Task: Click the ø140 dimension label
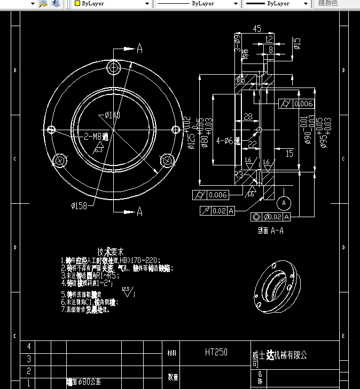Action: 112,115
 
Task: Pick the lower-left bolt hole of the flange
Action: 60,160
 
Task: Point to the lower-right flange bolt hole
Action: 168,160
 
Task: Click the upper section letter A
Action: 140,49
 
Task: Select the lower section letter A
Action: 140,212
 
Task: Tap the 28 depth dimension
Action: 248,116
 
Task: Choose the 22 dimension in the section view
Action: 252,144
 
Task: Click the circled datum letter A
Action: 284,203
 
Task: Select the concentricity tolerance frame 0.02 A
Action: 270,217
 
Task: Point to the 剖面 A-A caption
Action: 270,231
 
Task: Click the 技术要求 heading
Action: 111,251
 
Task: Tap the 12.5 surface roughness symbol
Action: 127,291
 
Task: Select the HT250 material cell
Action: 216,352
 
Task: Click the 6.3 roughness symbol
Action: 98,149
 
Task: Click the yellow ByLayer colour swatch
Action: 77,3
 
